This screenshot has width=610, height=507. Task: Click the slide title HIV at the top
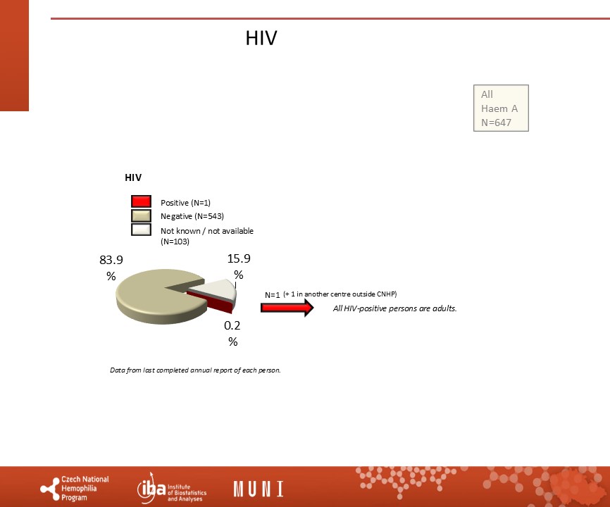[261, 38]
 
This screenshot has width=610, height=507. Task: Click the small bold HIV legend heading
[133, 177]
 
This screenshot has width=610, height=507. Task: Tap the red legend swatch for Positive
[141, 201]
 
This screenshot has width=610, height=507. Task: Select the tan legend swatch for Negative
[141, 215]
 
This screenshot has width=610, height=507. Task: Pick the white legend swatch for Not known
[141, 230]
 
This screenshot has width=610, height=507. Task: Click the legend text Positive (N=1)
[185, 203]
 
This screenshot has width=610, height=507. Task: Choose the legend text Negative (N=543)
[192, 216]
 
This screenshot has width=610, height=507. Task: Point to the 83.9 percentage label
[111, 268]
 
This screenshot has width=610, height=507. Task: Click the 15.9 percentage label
[239, 266]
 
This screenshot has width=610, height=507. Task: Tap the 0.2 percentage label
[232, 333]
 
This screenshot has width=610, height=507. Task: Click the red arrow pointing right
[287, 308]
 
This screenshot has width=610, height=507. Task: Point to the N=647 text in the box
[496, 123]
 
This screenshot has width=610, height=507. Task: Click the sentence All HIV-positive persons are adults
[395, 308]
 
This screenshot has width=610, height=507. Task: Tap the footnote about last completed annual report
[195, 370]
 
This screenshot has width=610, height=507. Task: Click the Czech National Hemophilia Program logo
[75, 488]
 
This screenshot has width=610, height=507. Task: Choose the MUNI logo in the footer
[259, 489]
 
